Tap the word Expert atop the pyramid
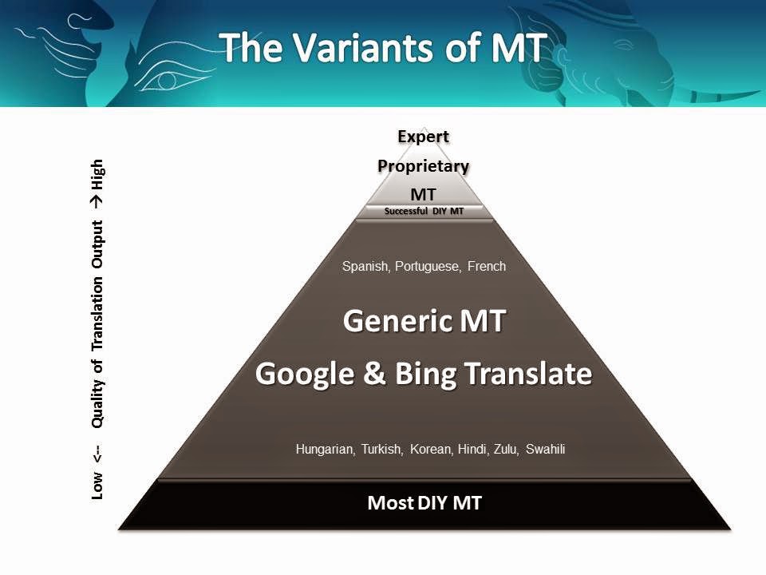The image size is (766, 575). (x=423, y=137)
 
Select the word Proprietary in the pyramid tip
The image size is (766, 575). (x=423, y=166)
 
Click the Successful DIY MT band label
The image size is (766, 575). (x=424, y=211)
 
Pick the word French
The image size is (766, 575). (x=487, y=266)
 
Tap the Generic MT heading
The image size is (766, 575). (x=424, y=321)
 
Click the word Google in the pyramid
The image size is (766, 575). (x=305, y=374)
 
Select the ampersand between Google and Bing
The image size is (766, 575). (x=375, y=373)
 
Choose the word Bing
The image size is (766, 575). (x=425, y=374)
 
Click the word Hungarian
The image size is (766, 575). (x=326, y=450)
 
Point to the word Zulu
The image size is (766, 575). (x=506, y=450)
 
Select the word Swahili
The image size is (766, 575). (x=545, y=450)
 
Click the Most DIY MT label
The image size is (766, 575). (x=424, y=503)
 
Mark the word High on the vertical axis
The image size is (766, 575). (x=97, y=175)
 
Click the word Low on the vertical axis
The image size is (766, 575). (x=97, y=486)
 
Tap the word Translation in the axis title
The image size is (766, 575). (x=97, y=313)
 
